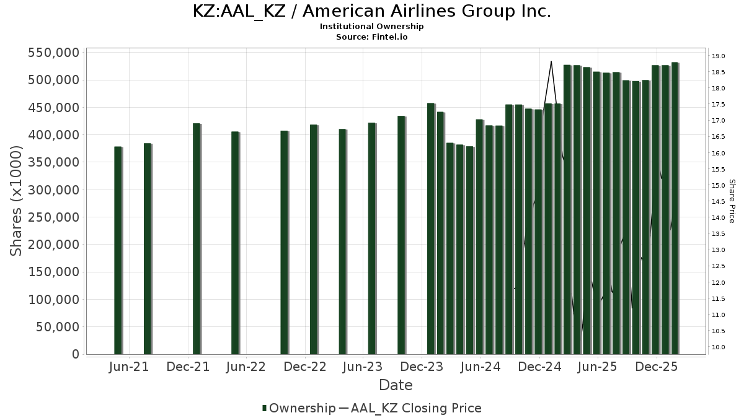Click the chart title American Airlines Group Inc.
click(372, 11)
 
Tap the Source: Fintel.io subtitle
click(372, 37)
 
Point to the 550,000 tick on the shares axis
click(53, 53)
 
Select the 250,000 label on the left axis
click(53, 217)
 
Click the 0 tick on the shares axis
click(75, 354)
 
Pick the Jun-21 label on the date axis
click(129, 367)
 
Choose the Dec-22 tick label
click(305, 367)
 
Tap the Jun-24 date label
click(480, 367)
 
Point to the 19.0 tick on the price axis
click(719, 56)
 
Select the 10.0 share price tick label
click(719, 347)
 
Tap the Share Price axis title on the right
click(732, 201)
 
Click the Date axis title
click(396, 385)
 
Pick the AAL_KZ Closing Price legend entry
click(415, 408)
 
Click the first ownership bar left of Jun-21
click(118, 250)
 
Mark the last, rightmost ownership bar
click(675, 208)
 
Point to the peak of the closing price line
click(551, 61)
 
